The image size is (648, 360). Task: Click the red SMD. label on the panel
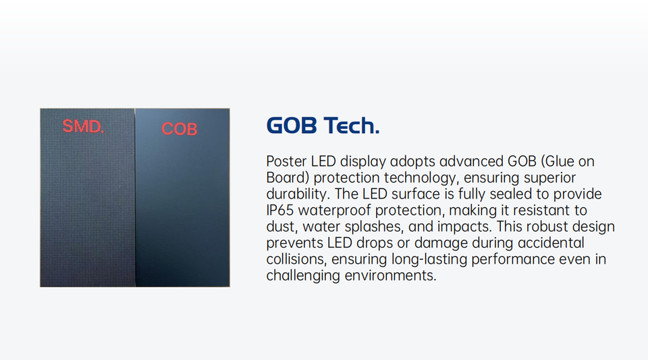(x=83, y=126)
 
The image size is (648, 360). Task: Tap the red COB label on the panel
(x=180, y=129)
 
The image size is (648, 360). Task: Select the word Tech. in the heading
(x=351, y=125)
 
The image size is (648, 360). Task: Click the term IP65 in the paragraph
(x=279, y=210)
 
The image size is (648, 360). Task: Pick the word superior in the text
(x=549, y=178)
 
